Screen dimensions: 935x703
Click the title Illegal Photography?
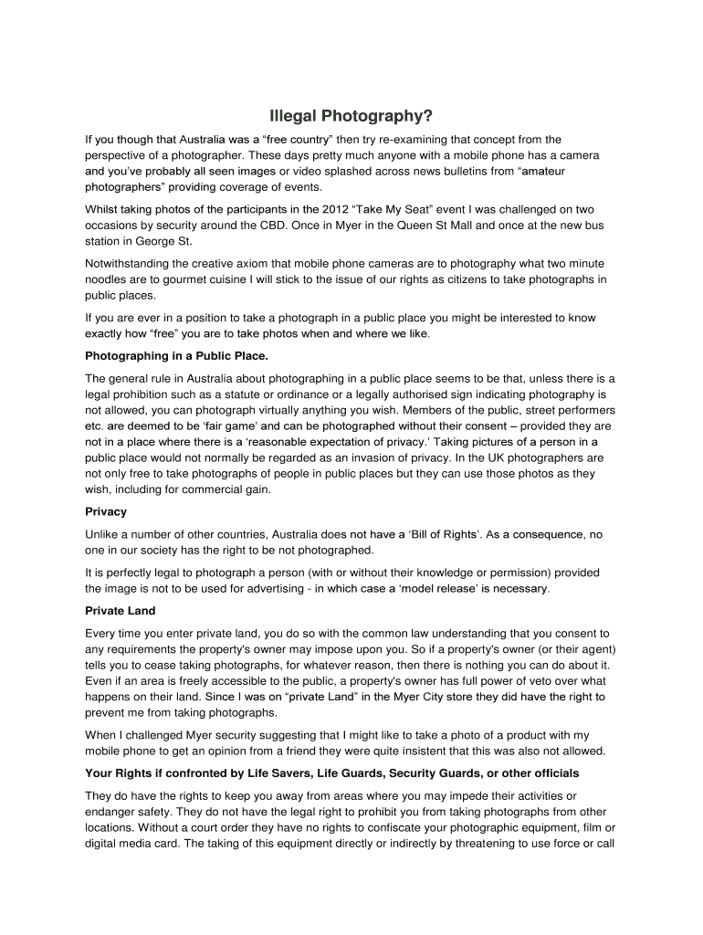pyautogui.click(x=351, y=117)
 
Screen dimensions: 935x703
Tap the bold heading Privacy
pyautogui.click(x=106, y=511)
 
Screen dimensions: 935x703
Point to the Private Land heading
pyautogui.click(x=121, y=610)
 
